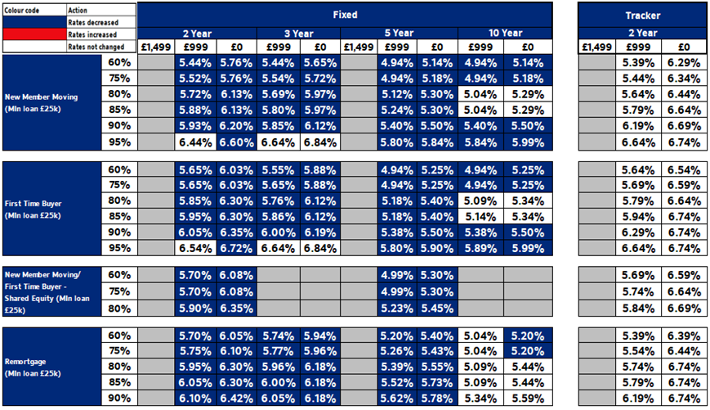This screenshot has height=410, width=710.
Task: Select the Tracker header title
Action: pos(641,15)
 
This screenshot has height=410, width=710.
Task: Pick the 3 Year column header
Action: pos(299,34)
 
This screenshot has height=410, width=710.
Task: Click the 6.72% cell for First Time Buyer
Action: pos(236,247)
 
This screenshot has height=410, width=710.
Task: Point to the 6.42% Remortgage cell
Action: pos(236,398)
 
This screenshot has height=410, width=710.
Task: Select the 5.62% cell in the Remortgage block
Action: pos(398,398)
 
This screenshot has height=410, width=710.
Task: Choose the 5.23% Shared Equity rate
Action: pos(398,309)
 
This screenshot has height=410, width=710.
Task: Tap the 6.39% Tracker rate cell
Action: pos(682,336)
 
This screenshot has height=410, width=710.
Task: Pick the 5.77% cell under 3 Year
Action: pos(278,351)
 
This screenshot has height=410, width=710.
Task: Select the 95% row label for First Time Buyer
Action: pos(120,247)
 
